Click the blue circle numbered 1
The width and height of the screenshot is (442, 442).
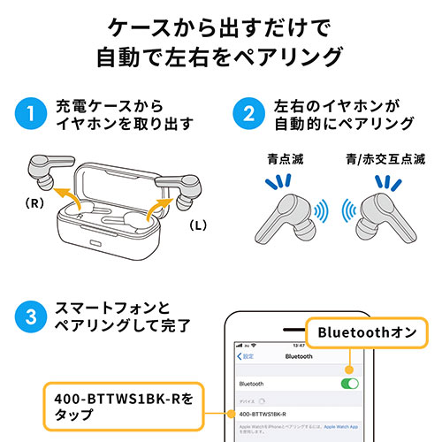pyautogui.click(x=30, y=115)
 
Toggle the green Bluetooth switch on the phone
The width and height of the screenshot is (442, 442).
pyautogui.click(x=349, y=385)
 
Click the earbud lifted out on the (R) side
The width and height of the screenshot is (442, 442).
pyautogui.click(x=46, y=167)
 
